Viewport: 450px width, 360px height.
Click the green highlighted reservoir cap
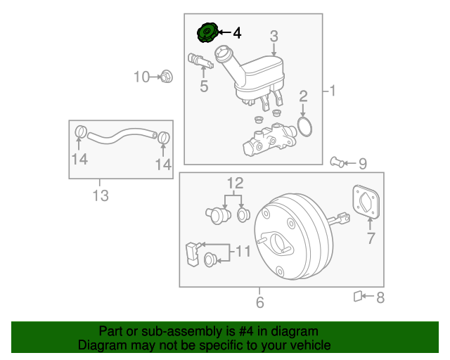point(207,32)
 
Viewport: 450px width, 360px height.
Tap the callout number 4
point(236,32)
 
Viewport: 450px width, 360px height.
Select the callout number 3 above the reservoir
point(274,36)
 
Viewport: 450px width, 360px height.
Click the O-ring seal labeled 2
point(304,127)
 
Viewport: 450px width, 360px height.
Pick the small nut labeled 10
point(167,76)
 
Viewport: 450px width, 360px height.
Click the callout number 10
point(142,77)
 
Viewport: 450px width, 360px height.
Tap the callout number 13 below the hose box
point(101,196)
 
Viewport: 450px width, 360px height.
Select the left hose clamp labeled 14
point(80,131)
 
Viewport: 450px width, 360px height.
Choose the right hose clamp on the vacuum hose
point(163,137)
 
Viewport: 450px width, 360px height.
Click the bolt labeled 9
point(339,163)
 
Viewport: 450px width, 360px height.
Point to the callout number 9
point(362,164)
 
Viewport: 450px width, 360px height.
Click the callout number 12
point(234,184)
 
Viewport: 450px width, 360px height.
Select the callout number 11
point(242,251)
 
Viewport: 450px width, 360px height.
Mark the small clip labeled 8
point(358,297)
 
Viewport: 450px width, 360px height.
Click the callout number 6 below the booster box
point(259,303)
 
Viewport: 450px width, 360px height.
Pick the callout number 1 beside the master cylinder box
point(333,90)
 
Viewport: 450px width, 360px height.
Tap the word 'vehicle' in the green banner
point(308,345)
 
